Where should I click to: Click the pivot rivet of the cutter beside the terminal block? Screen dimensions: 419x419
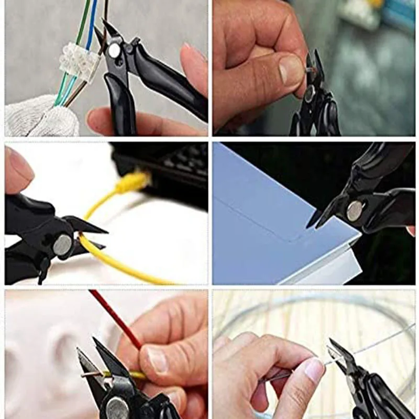click(x=114, y=51)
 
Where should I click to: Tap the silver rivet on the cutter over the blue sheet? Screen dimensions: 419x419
click(x=355, y=210)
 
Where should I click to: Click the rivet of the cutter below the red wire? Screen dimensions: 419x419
click(x=116, y=407)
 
